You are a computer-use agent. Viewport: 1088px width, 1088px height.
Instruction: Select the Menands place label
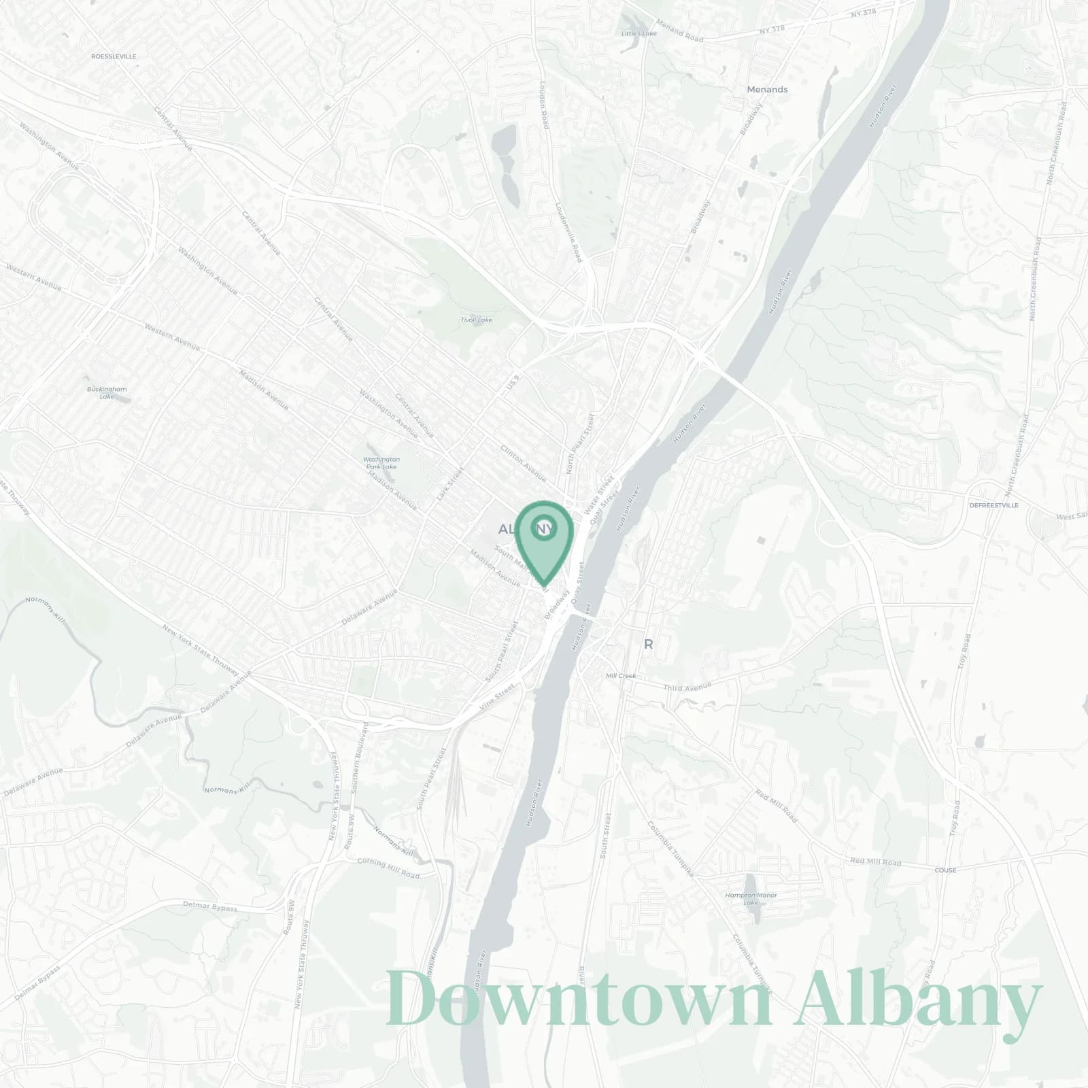coord(767,90)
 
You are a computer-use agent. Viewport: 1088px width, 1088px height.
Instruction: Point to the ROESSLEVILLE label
coord(114,56)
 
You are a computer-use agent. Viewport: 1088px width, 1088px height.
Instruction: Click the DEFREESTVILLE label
coord(993,505)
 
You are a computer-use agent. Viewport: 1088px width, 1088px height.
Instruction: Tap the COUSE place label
coord(945,870)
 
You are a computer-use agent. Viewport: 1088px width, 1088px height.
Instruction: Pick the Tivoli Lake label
coord(476,320)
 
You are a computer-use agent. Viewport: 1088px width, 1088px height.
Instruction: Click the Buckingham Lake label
coord(107,392)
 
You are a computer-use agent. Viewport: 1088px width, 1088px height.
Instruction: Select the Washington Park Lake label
coord(381,463)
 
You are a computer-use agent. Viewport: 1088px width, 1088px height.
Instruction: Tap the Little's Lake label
coord(639,33)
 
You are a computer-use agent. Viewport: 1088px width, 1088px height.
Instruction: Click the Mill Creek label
coord(620,675)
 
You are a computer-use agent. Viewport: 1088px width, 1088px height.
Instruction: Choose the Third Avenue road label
coord(687,687)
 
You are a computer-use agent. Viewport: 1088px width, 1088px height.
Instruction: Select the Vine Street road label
coord(497,698)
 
